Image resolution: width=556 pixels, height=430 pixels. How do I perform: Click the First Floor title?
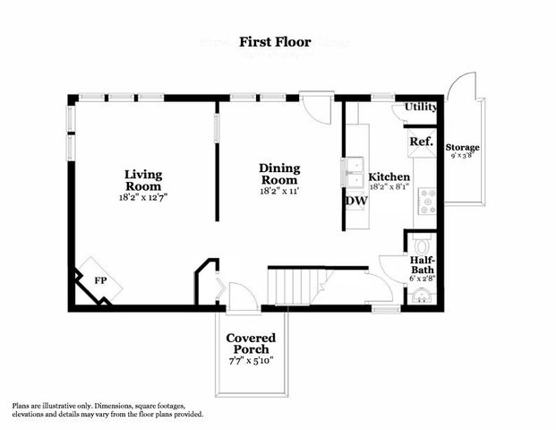[x=278, y=41]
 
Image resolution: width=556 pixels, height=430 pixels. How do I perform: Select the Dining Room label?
[x=279, y=174]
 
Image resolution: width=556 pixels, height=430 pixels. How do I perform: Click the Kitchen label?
[x=390, y=177]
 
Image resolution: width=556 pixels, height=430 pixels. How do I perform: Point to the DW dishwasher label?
[x=355, y=201]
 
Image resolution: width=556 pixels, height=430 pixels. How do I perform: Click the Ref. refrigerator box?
[x=422, y=142]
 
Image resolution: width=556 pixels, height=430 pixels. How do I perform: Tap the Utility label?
[x=421, y=107]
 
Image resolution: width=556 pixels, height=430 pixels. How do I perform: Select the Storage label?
[x=463, y=147]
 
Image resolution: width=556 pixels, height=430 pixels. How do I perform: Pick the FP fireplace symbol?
[x=99, y=279]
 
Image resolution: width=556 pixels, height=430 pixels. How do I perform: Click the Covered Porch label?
[x=251, y=343]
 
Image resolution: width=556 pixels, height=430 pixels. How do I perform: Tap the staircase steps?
[x=293, y=288]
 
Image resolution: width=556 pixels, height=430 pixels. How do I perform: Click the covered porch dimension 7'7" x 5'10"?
[x=251, y=361]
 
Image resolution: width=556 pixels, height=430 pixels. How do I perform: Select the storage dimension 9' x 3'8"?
[x=463, y=156]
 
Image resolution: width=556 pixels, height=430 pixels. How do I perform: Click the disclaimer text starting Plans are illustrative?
[x=108, y=409]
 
